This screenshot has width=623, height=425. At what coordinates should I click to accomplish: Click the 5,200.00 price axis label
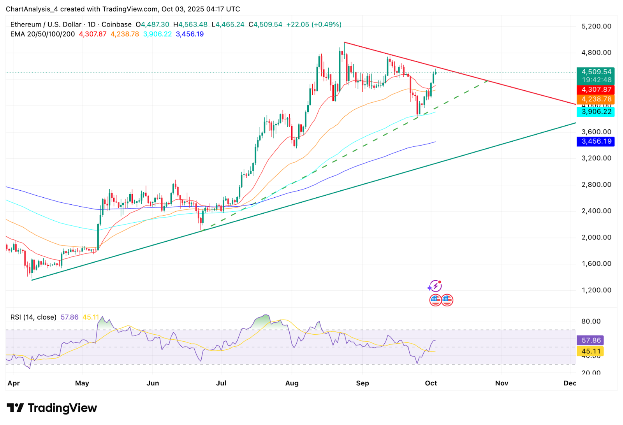[x=596, y=26]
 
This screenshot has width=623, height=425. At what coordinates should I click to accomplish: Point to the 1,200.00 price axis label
[x=596, y=290]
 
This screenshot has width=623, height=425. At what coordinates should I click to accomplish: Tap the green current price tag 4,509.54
[x=596, y=72]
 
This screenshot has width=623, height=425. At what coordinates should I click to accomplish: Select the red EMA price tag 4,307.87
[x=596, y=90]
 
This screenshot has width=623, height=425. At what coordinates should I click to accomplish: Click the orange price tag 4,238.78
[x=596, y=99]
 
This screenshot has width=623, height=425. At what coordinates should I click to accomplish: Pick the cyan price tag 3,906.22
[x=596, y=112]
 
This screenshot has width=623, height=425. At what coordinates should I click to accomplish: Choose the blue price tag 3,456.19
[x=596, y=141]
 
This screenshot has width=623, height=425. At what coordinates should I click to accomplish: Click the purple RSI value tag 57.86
[x=591, y=340]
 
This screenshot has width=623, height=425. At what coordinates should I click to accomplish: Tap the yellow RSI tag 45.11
[x=591, y=351]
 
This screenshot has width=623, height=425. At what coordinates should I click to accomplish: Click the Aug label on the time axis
[x=292, y=383]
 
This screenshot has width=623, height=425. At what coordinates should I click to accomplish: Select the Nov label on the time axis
[x=502, y=383]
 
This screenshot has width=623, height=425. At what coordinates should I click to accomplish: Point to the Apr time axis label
[x=14, y=383]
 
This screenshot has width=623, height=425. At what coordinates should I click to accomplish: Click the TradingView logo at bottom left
[x=52, y=408]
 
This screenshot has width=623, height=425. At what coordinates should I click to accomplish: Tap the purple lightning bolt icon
[x=435, y=286]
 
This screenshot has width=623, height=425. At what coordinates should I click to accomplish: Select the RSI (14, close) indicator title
[x=33, y=317]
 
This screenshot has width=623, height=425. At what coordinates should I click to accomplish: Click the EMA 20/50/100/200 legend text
[x=42, y=34]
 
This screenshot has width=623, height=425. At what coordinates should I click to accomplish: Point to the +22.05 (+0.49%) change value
[x=313, y=25]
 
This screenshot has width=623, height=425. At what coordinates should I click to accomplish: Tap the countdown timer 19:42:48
[x=596, y=80]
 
